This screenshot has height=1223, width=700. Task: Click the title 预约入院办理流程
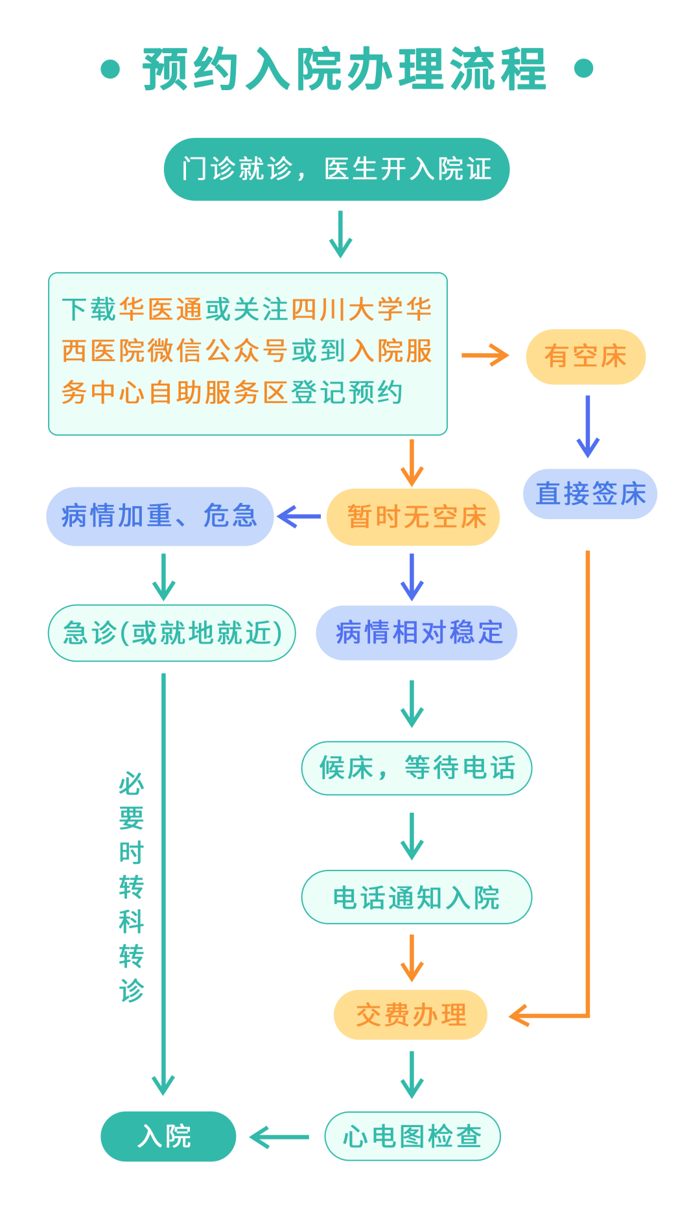[344, 69]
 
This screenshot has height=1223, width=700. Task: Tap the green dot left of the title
[111, 69]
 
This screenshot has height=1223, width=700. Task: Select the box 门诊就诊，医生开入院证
[336, 169]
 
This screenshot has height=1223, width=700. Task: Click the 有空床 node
[585, 356]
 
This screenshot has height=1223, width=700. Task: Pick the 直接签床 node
[590, 494]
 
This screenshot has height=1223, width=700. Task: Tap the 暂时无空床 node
[414, 517]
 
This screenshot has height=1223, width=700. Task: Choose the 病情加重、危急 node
[159, 517]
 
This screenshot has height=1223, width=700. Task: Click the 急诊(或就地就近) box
[172, 633]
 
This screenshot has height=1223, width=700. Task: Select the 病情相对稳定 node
[417, 633]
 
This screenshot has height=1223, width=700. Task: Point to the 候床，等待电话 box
[417, 768]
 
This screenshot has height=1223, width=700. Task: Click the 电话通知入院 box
[417, 898]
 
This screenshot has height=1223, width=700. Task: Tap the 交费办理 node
[410, 1015]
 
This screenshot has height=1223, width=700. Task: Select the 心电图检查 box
[412, 1136]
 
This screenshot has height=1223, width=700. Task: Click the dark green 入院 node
[168, 1136]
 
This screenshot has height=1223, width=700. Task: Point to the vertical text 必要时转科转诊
[131, 887]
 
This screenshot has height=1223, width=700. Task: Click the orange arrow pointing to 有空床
[485, 355]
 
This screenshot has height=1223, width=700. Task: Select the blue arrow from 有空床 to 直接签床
[588, 426]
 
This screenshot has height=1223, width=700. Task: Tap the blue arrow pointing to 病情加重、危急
[299, 517]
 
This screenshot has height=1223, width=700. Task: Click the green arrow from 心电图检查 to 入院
[279, 1137]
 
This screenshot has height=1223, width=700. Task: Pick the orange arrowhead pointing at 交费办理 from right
[521, 1016]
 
